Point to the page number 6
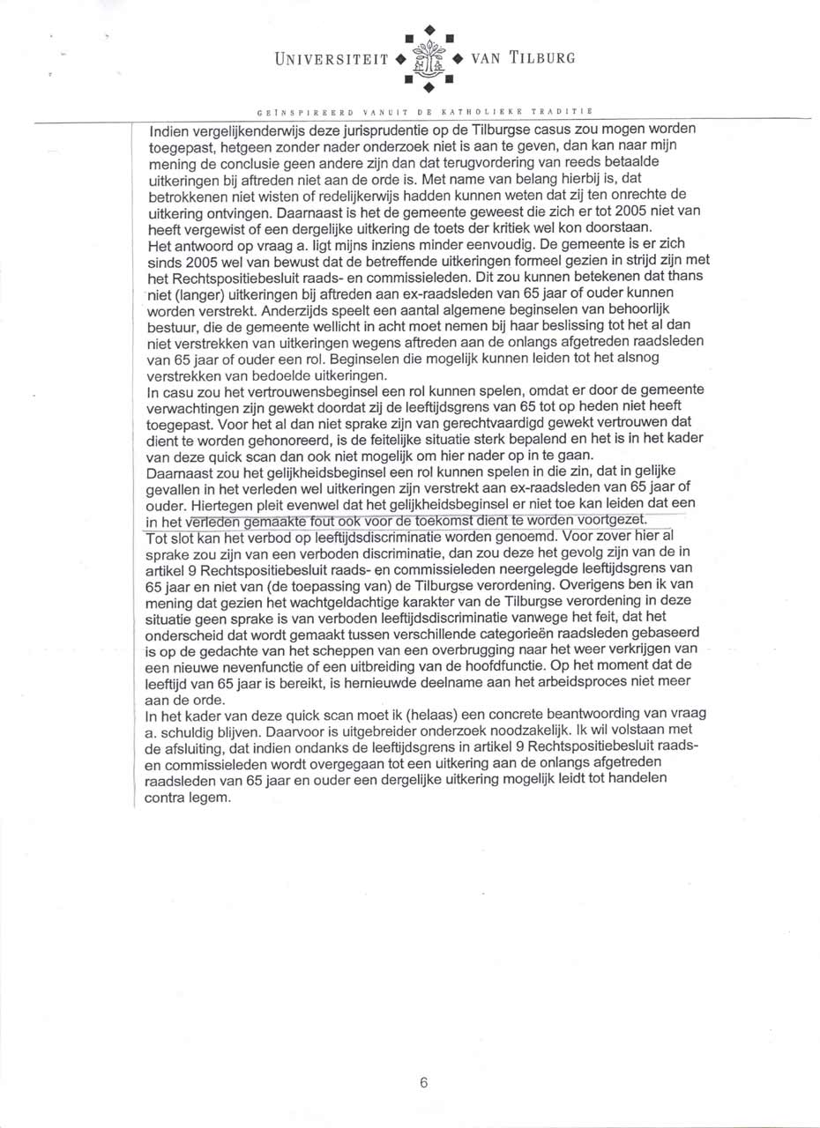(424, 1084)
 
